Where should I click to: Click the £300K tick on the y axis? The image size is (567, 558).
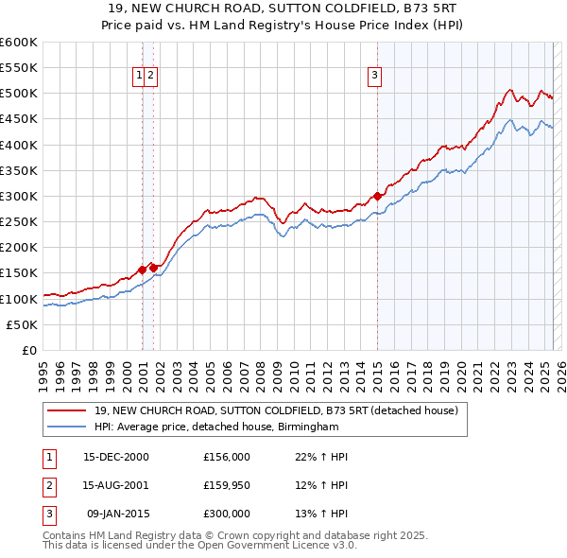click(x=21, y=196)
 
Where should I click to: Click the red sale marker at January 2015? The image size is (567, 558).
click(x=377, y=196)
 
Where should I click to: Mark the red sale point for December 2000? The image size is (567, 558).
click(x=143, y=270)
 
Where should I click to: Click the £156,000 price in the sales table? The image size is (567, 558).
click(x=227, y=457)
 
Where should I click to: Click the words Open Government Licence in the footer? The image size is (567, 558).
click(x=270, y=546)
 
